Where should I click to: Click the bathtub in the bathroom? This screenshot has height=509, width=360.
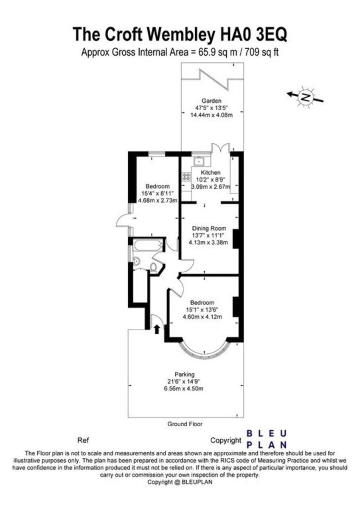click(147, 246)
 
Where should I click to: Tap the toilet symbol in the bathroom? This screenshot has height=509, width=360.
click(154, 267)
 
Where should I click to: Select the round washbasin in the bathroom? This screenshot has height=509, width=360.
click(136, 261)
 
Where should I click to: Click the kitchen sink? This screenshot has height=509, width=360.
click(199, 161)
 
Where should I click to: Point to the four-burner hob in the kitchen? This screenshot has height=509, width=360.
click(186, 176)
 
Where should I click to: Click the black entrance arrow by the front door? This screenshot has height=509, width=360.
click(157, 329)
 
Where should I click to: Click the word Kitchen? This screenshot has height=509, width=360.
click(211, 173)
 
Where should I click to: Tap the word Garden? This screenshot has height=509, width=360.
click(211, 101)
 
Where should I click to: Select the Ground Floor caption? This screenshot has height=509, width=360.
click(185, 424)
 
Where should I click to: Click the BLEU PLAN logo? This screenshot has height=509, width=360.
click(267, 439)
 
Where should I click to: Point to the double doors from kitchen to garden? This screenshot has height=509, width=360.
click(220, 149)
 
